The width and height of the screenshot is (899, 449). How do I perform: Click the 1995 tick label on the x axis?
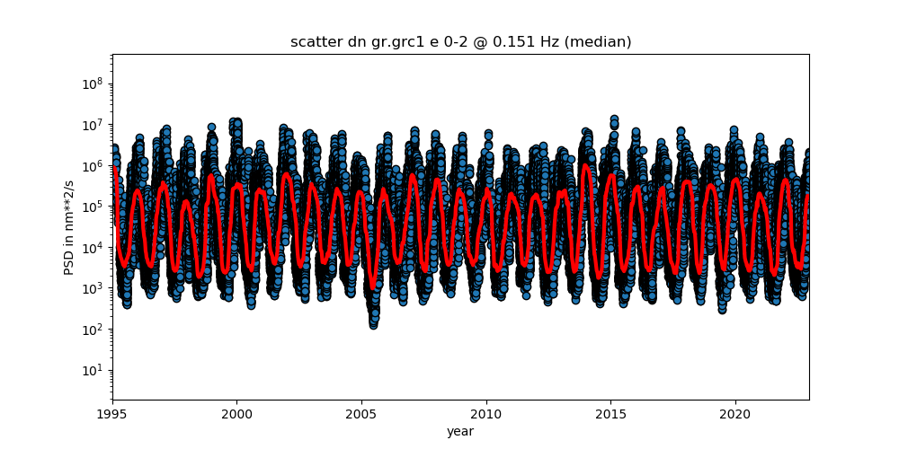(113, 414)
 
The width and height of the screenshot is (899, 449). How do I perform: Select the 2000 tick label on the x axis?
(236, 414)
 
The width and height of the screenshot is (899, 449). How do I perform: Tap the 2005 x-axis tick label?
(361, 414)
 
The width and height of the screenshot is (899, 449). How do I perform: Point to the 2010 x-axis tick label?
(486, 414)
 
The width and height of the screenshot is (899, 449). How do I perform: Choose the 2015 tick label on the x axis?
(611, 414)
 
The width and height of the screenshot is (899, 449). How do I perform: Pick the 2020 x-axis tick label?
(736, 414)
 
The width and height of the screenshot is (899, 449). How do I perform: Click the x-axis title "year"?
(460, 431)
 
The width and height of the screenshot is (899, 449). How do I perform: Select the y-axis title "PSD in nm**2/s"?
(69, 227)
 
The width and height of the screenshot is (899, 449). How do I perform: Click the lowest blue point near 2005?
(373, 325)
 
